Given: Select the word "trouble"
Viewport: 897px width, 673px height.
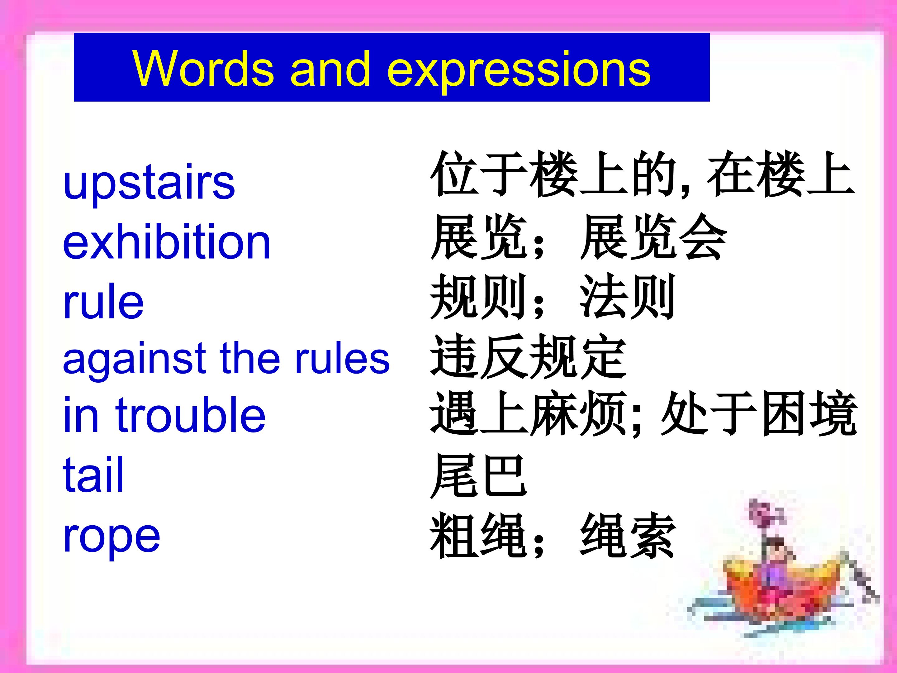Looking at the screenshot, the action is click(x=191, y=414).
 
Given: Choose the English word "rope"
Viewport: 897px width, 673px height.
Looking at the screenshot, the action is click(x=112, y=537).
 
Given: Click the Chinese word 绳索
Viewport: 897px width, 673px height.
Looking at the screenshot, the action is click(x=628, y=536).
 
